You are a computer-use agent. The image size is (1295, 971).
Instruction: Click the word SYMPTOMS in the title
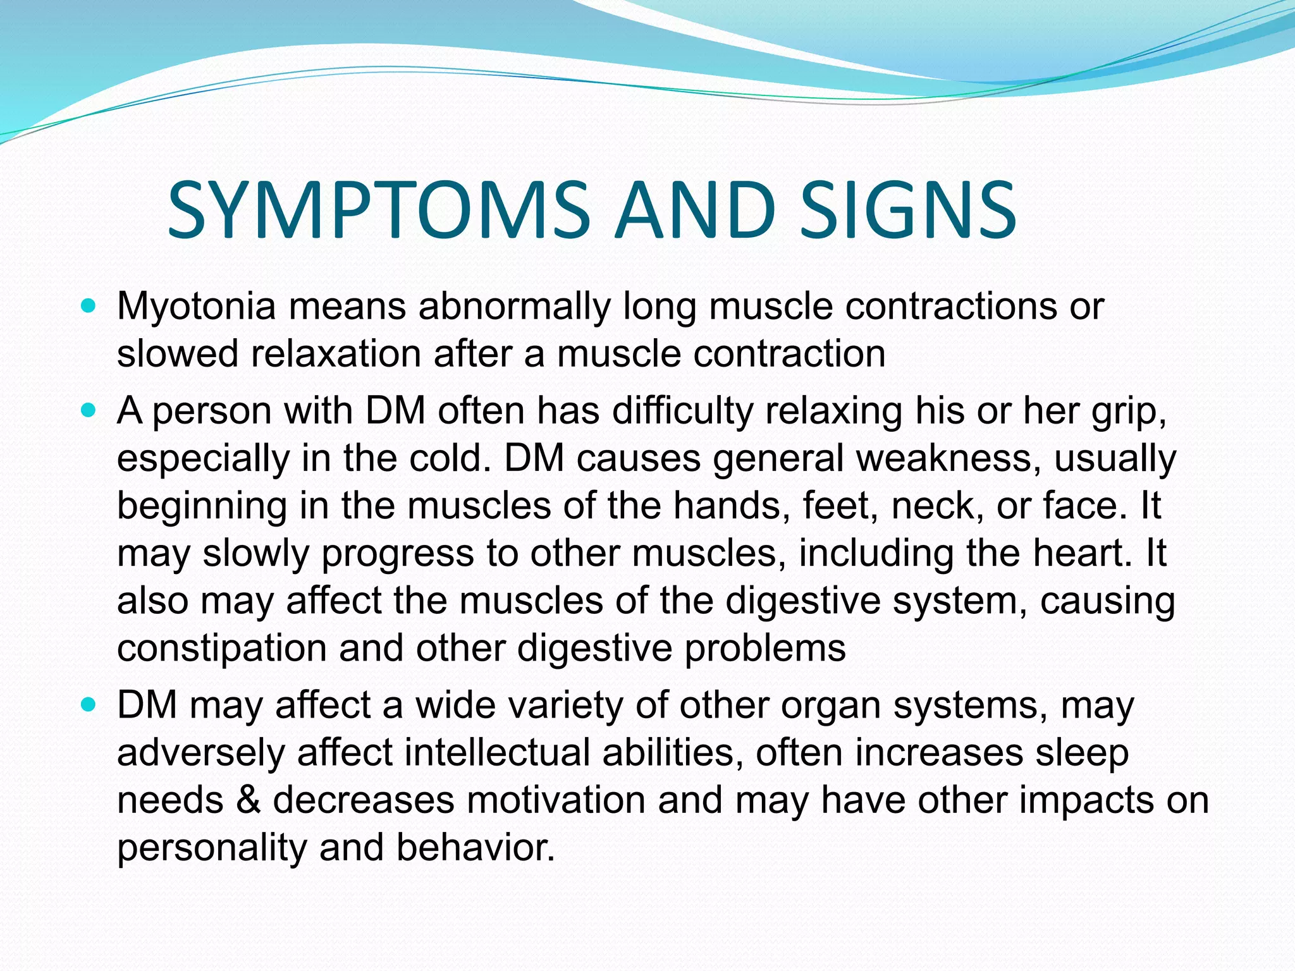point(377,210)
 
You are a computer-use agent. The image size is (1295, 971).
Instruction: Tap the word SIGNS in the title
point(907,210)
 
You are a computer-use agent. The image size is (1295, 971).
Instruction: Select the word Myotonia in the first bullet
point(196,307)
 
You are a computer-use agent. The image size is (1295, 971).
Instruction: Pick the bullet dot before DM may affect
point(89,705)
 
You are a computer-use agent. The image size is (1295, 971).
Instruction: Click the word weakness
point(947,458)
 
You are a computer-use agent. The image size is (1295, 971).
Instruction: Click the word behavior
point(475,847)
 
